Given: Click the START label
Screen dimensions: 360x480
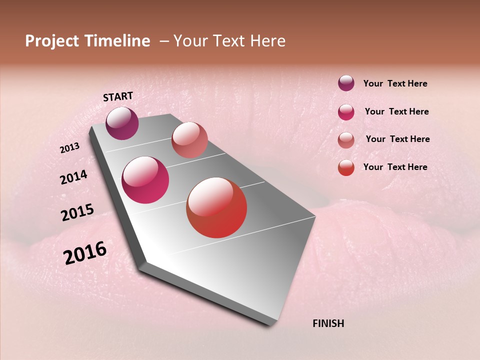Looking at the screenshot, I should (118, 96).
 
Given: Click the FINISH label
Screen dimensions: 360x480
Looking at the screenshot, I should (328, 323).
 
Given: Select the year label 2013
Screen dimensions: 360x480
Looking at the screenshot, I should (70, 148).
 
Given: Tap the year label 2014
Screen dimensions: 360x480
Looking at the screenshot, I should (73, 177).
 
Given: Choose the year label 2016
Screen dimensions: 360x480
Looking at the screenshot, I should (85, 253).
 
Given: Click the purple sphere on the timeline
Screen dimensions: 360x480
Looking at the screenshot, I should (122, 123).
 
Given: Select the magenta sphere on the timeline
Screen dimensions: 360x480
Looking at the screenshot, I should (145, 180).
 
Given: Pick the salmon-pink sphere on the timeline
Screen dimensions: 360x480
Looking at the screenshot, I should (189, 140).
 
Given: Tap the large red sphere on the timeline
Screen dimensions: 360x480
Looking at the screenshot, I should (216, 207).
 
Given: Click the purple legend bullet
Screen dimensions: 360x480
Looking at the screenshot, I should (346, 83).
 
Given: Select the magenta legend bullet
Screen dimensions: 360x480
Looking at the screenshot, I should (346, 112).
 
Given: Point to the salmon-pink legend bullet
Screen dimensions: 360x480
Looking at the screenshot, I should (346, 140).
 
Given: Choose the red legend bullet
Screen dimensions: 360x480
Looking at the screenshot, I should (346, 167).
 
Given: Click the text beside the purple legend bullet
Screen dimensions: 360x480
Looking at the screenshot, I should (395, 84).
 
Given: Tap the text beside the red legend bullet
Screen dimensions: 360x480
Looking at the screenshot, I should (395, 167).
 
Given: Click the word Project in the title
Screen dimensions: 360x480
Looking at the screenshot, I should (52, 41).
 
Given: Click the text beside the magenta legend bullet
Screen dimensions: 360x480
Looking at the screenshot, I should (396, 111).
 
